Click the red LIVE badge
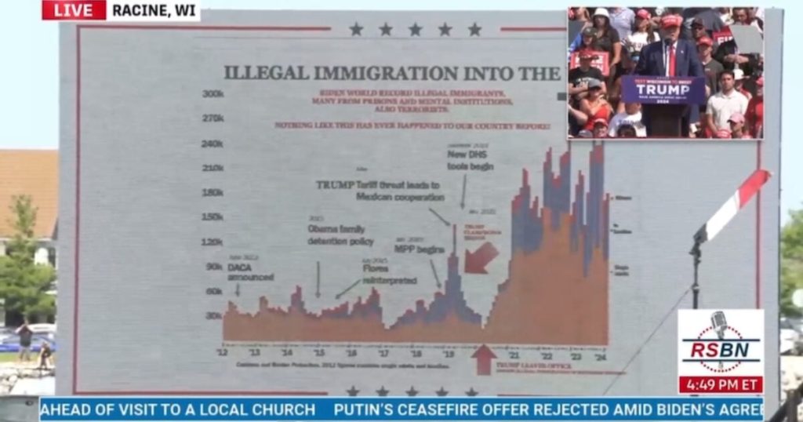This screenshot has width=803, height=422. coord(74,10)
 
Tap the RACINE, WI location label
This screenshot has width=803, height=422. coord(154,10)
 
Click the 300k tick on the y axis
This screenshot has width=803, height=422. coord(213,93)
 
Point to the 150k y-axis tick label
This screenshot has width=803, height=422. coord(213,216)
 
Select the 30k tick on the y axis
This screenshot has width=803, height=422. coord(215,315)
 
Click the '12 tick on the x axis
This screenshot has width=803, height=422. coord(223,355)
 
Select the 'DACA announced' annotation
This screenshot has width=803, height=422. coord(250,272)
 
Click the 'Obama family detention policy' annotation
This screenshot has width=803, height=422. coord(340,235)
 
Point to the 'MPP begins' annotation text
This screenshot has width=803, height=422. coord(419,249)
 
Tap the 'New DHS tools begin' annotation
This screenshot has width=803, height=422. coord(470,159)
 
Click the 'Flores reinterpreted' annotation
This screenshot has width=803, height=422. coord(389,274)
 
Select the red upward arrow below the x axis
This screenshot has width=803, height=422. coord(484,359)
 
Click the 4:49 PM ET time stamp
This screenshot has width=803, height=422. coord(720,385)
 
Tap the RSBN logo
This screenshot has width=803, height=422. coord(720,343)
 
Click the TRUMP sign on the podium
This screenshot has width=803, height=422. coord(663,89)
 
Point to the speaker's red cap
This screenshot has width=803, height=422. coord(671,21)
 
